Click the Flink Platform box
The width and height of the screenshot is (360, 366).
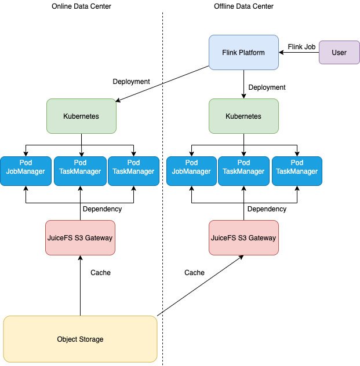(x=243, y=52)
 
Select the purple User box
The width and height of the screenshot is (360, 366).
(x=340, y=52)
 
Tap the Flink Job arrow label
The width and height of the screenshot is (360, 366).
(x=301, y=47)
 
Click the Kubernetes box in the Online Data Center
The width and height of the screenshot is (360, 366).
(x=81, y=116)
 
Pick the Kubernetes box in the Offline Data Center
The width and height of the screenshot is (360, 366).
(x=243, y=116)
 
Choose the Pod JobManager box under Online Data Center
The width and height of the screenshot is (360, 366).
(x=26, y=171)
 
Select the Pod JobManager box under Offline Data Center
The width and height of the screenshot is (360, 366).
(x=191, y=171)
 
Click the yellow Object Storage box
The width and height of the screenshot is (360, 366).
(x=80, y=339)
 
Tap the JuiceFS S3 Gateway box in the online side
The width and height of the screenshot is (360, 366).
(x=80, y=237)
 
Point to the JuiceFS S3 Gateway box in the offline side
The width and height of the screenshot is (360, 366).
(x=243, y=237)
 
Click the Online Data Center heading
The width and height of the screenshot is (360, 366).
(x=81, y=6)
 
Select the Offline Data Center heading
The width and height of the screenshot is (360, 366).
(x=243, y=6)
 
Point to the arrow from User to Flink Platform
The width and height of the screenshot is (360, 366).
(x=299, y=52)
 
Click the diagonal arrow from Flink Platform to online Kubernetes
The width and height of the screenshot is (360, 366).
(x=162, y=84)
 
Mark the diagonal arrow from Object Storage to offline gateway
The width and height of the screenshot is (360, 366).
(x=201, y=286)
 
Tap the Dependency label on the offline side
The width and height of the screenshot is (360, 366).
(x=267, y=209)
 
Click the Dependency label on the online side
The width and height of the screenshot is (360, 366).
(x=102, y=209)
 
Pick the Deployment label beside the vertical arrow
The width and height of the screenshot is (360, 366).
(x=267, y=87)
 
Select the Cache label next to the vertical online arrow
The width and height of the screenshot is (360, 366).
(x=100, y=272)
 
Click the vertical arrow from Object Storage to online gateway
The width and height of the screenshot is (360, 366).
(x=80, y=286)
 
